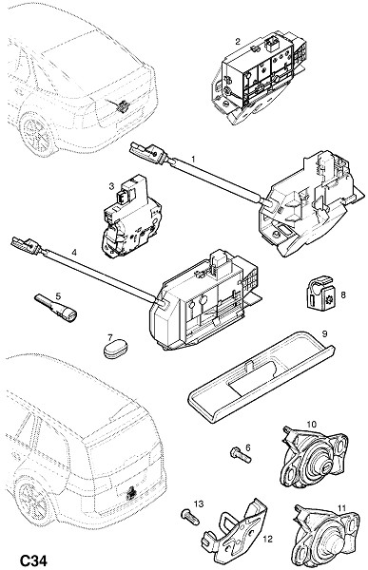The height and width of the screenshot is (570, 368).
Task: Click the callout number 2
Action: (238, 41)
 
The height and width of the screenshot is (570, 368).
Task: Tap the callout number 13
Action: (199, 503)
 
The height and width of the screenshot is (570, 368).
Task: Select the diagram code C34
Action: (33, 560)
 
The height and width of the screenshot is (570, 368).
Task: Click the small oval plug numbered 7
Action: (114, 350)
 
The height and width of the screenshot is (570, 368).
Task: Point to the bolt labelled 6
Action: (241, 454)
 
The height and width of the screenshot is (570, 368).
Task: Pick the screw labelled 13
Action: (189, 516)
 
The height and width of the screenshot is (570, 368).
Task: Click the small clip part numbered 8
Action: (320, 294)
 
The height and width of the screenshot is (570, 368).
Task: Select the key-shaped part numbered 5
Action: (56, 308)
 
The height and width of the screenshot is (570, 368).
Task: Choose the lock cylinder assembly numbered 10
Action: (314, 458)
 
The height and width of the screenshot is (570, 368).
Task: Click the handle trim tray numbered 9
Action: (261, 377)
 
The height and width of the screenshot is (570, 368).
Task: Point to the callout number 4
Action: (74, 252)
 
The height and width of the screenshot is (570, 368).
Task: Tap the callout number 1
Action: (193, 159)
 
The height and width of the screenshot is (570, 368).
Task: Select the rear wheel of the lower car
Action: (34, 498)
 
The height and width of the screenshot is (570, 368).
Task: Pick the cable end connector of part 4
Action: (28, 245)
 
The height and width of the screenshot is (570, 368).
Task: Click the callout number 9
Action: (324, 333)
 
